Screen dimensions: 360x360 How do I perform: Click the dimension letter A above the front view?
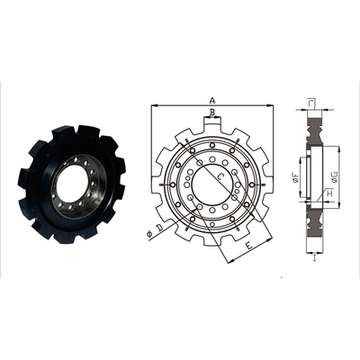pos(212,100)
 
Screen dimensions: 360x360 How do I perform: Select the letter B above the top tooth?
pos(211,113)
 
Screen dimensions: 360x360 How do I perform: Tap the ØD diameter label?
pos(159,234)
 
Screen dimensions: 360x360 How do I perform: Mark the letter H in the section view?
pos(329,194)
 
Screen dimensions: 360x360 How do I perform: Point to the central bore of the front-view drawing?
pos(211,185)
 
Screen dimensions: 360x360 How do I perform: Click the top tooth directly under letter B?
pos(211,126)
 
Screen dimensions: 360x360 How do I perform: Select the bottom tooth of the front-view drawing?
pos(211,245)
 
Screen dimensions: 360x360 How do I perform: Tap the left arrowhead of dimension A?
pos(154,106)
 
